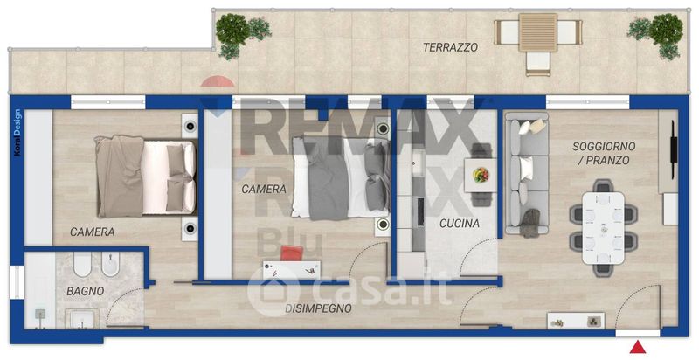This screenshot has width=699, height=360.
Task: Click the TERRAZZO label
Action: tap(450, 47)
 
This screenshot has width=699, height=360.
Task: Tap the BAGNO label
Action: tap(85, 291)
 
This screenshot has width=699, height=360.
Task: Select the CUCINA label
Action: tap(460, 223)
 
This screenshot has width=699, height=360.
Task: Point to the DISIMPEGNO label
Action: tap(318, 308)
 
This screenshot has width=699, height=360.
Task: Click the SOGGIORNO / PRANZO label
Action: tap(604, 153)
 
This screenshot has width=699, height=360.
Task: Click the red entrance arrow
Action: tap(639, 347)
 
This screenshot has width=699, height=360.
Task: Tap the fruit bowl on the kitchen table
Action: tap(481, 175)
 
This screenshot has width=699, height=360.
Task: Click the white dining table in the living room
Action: tap(604, 228)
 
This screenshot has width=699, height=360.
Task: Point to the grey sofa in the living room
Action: tap(527, 173)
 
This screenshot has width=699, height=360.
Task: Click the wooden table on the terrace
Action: tap(538, 32)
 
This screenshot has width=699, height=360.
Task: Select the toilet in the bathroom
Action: tap(82, 265)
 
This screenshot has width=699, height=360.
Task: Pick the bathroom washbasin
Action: tap(81, 319)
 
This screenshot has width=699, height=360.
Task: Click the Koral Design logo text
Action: tap(17, 132)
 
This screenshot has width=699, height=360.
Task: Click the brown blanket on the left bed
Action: tap(120, 177)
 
